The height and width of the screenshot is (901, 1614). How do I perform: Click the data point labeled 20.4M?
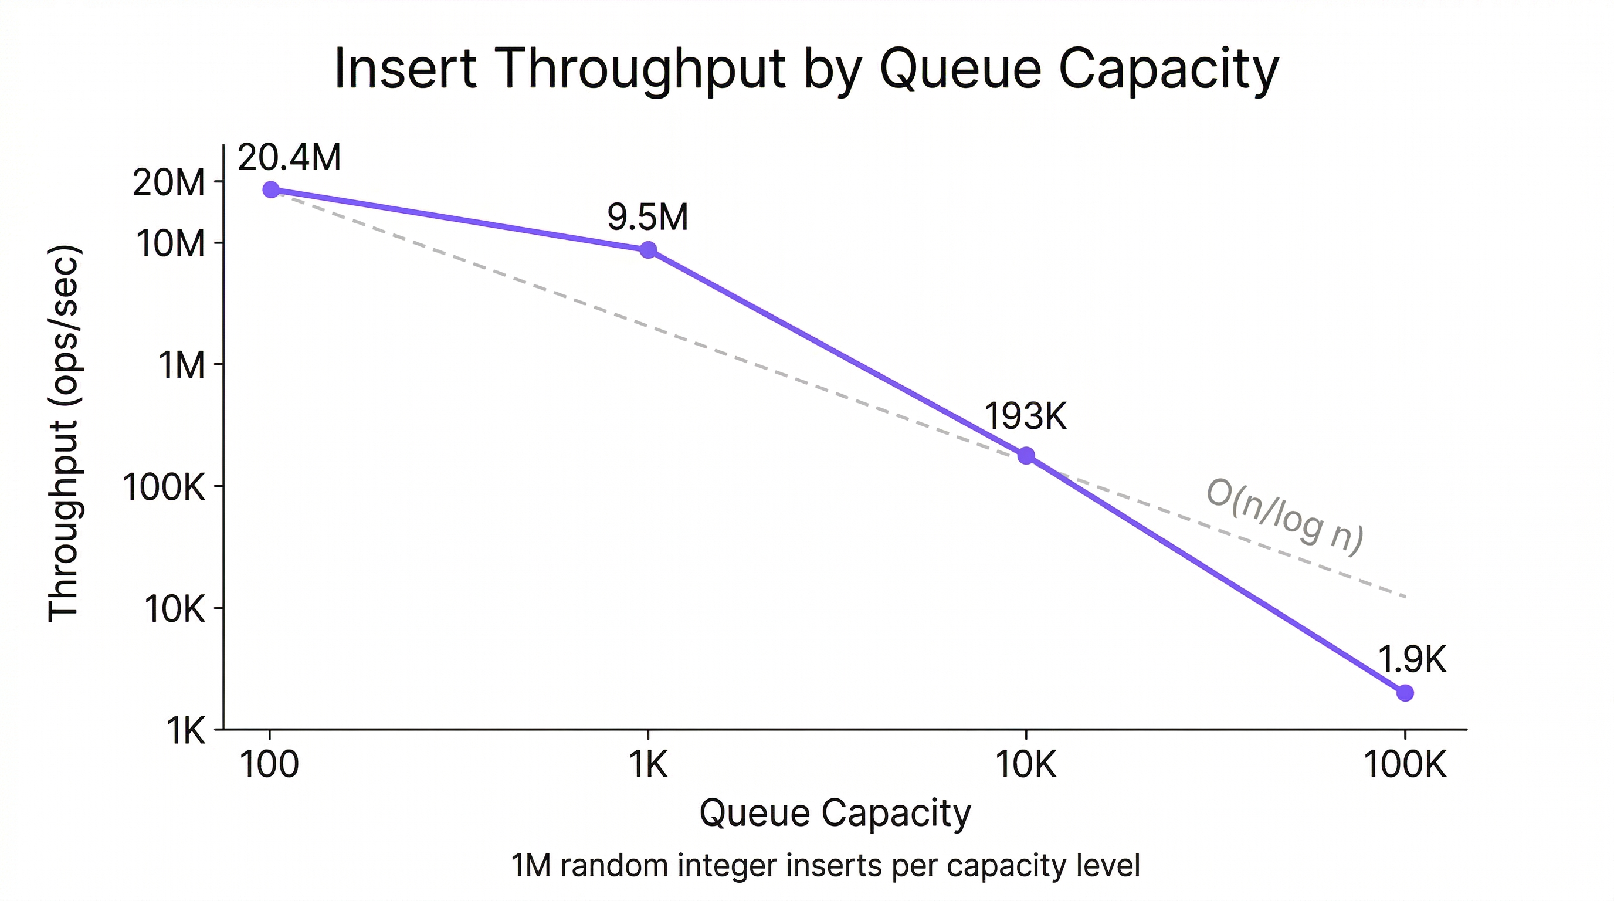271,189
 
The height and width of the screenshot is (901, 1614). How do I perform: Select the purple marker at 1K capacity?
649,250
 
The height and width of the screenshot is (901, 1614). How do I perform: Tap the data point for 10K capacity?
1026,456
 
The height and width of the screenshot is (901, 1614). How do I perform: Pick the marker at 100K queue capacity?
1405,692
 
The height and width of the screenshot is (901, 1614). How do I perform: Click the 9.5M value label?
647,218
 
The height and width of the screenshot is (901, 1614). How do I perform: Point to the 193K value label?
1026,416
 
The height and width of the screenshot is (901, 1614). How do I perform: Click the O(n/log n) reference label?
1284,517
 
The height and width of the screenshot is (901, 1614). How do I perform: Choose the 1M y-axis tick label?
182,365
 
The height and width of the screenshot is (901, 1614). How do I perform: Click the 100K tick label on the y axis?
164,487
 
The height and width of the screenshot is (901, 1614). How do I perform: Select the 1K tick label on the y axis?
185,730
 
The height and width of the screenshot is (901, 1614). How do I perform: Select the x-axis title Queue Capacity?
835,813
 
